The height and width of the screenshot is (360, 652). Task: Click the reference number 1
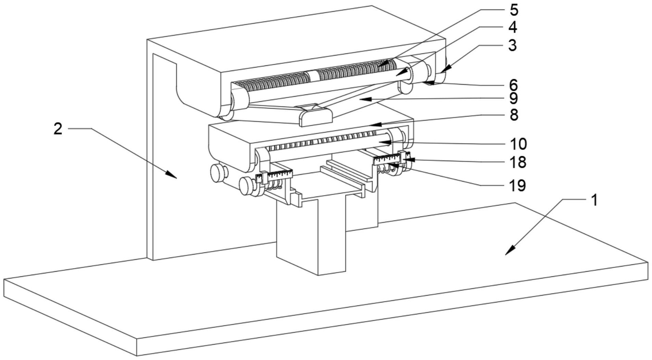594,200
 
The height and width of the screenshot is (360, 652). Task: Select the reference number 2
58,129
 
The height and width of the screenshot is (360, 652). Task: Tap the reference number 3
512,45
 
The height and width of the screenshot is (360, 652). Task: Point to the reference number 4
512,27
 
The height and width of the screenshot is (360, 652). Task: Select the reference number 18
518,162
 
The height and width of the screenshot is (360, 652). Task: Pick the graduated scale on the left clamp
279,175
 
